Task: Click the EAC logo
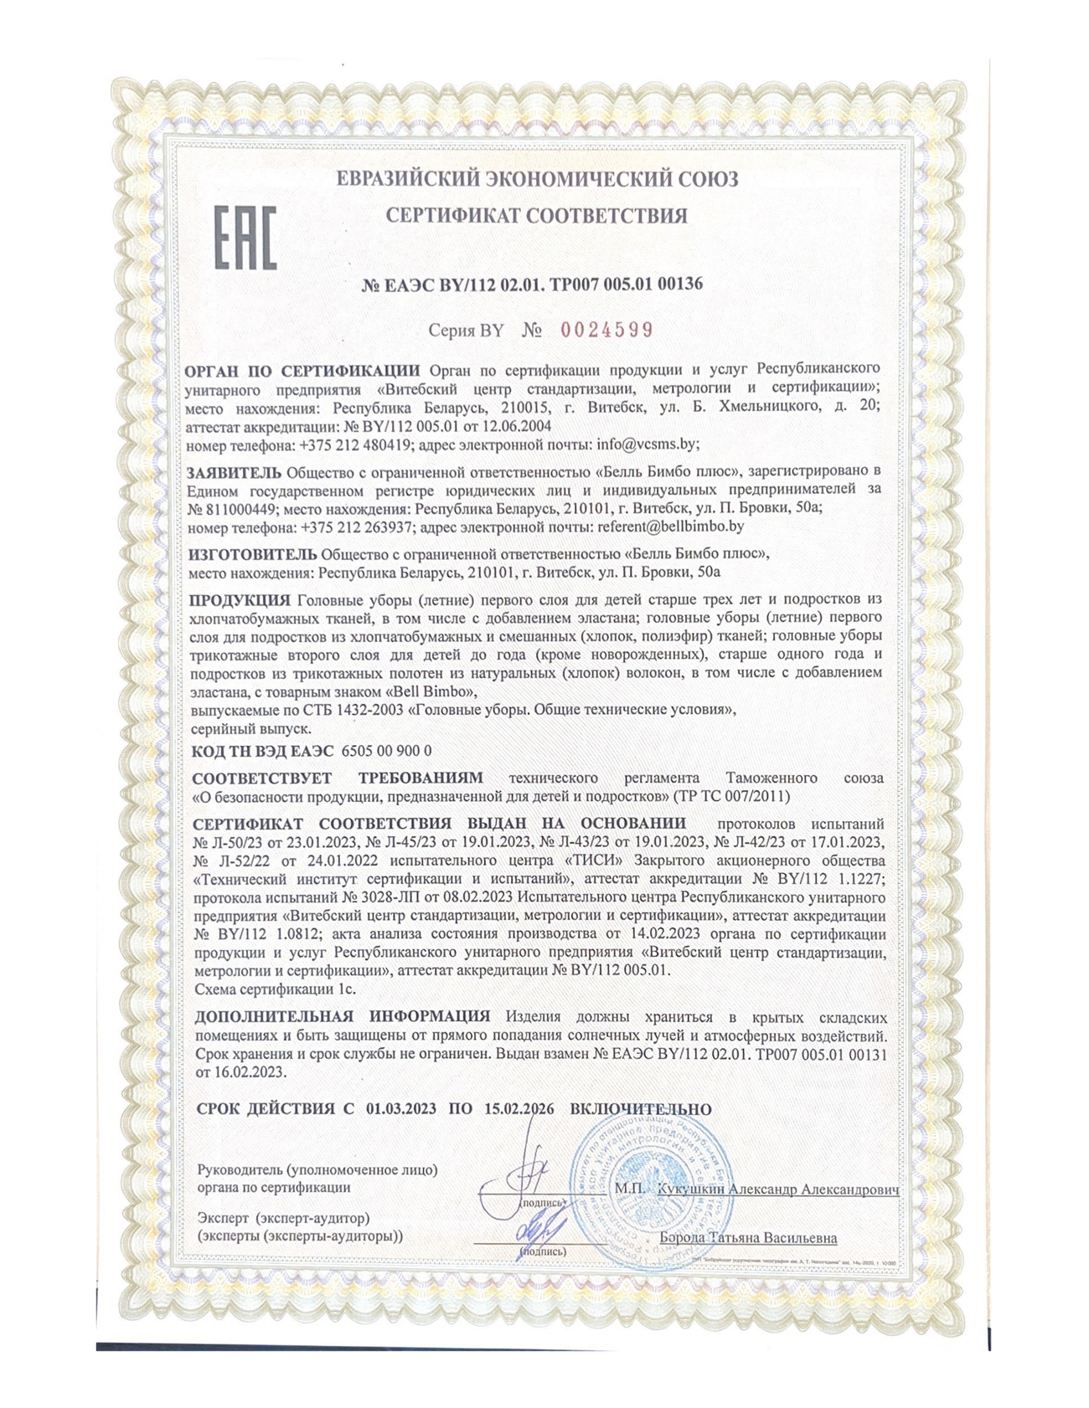click(245, 238)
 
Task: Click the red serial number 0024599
click(606, 330)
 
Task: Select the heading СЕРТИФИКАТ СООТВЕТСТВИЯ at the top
click(536, 215)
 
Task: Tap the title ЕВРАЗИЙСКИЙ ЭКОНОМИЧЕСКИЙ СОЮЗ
click(537, 178)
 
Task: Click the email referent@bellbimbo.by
click(671, 527)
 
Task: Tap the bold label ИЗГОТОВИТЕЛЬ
click(252, 553)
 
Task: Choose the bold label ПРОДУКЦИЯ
click(240, 599)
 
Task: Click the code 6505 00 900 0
click(387, 751)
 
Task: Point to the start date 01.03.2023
click(401, 1108)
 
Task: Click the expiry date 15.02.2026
click(519, 1108)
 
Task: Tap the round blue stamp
click(651, 1189)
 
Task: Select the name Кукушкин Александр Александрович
click(778, 1189)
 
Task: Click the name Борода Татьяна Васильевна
click(748, 1237)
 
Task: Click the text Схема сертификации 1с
click(275, 989)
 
